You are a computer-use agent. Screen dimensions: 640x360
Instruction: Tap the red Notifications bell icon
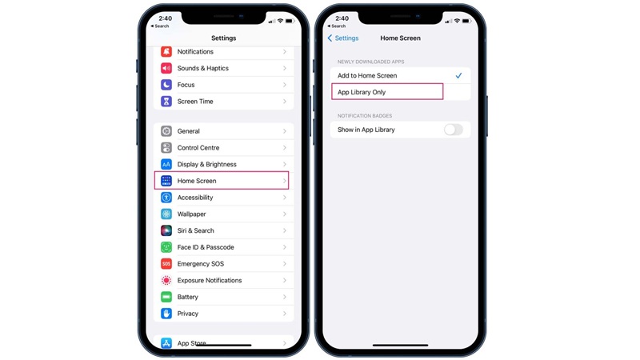[166, 52]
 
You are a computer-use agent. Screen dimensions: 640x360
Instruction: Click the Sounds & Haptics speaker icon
[166, 68]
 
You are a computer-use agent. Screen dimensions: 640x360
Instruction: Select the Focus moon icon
[166, 85]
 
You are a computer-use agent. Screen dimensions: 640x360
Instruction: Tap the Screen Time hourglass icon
[166, 102]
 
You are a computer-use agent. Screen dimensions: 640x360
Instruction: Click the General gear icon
[166, 131]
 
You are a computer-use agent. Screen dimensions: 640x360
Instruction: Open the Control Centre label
[198, 148]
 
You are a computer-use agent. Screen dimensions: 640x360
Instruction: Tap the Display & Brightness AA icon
[166, 165]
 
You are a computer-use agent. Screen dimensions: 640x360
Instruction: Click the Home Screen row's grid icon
[166, 181]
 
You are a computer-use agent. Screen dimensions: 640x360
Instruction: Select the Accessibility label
[195, 198]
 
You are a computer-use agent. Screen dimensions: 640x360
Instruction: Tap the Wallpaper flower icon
[166, 214]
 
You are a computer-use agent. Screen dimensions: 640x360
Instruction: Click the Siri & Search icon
[166, 230]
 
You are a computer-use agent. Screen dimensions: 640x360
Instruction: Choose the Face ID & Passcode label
[206, 247]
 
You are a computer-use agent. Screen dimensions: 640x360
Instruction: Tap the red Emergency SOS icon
[166, 264]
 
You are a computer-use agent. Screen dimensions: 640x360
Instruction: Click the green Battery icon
[166, 297]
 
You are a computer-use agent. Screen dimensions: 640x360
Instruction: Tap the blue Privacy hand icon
[166, 314]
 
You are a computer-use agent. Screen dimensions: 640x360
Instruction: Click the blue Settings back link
[343, 38]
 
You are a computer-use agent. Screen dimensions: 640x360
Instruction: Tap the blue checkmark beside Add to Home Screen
[458, 75]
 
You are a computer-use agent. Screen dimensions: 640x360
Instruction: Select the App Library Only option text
[362, 92]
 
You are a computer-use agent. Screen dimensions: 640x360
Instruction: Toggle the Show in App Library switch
[454, 130]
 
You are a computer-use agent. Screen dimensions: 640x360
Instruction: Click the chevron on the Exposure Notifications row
[285, 281]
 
